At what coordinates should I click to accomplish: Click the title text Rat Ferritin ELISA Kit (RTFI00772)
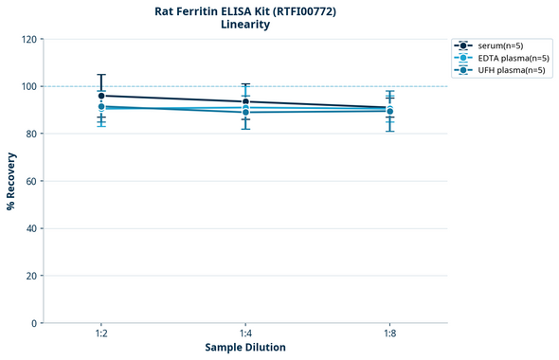coord(244,10)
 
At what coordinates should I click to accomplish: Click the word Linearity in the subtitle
coord(244,25)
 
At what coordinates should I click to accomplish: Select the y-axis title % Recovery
coord(11,181)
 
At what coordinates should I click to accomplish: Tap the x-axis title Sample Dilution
coord(245,348)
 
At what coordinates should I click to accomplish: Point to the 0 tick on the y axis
coord(33,323)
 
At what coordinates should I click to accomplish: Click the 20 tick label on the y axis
coord(30,276)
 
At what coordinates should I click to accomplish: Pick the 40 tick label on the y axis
coord(30,228)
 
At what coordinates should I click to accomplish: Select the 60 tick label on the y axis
coord(30,181)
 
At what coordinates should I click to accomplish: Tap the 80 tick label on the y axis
coord(30,134)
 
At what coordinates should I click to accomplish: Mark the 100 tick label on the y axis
coord(27,86)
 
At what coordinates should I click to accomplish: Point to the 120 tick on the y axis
coord(27,39)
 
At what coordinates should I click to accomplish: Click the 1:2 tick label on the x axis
coord(101,333)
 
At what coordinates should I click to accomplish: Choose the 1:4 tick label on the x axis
coord(245,333)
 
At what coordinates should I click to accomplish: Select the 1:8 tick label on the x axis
coord(389,333)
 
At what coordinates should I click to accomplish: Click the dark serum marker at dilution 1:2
coord(101,96)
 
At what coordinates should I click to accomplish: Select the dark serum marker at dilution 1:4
coord(245,101)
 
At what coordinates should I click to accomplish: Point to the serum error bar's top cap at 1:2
coord(101,75)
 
